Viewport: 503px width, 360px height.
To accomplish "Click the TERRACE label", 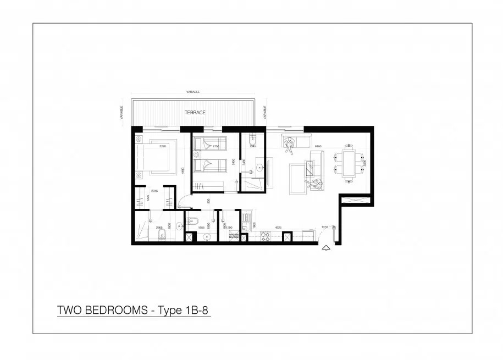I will pyautogui.click(x=195, y=113).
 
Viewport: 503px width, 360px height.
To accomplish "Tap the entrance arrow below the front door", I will pyautogui.click(x=326, y=248).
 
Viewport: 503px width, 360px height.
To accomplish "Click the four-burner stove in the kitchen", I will pyautogui.click(x=264, y=237).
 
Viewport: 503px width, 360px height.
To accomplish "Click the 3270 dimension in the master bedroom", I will pyautogui.click(x=163, y=147).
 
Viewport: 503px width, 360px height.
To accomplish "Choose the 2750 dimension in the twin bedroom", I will pyautogui.click(x=216, y=147).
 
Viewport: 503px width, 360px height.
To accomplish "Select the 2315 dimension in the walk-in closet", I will pyautogui.click(x=154, y=191).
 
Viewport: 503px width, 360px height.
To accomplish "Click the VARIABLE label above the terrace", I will pyautogui.click(x=193, y=92).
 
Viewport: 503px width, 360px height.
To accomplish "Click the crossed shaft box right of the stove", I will pyautogui.click(x=286, y=237).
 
